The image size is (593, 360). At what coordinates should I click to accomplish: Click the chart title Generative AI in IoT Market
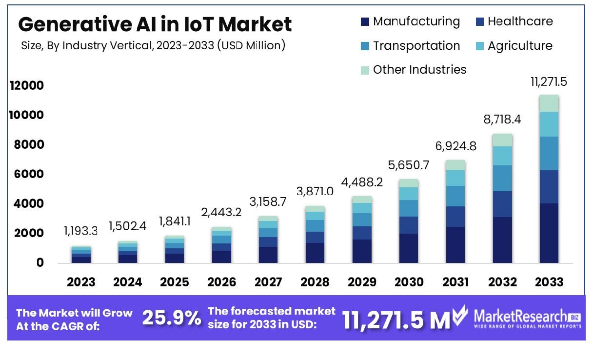[155, 24]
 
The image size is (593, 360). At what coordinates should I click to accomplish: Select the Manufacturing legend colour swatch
[365, 22]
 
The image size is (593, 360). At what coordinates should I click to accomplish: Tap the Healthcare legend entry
[520, 21]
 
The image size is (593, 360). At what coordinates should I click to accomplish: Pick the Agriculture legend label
[520, 46]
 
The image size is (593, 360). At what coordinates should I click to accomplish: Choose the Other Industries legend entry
[419, 70]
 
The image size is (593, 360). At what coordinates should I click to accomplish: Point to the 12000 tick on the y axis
[26, 86]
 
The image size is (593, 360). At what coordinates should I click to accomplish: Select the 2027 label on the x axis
[268, 282]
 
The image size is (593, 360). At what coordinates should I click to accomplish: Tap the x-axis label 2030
[408, 282]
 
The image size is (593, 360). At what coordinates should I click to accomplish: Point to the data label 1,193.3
[80, 230]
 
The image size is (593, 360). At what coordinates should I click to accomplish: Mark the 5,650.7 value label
[409, 165]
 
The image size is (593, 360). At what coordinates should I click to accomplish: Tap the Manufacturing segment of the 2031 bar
[455, 245]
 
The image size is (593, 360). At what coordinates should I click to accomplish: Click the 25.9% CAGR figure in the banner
[171, 319]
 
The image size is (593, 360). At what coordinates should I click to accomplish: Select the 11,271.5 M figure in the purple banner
[395, 320]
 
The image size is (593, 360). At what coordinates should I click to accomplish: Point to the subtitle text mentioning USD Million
[153, 46]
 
